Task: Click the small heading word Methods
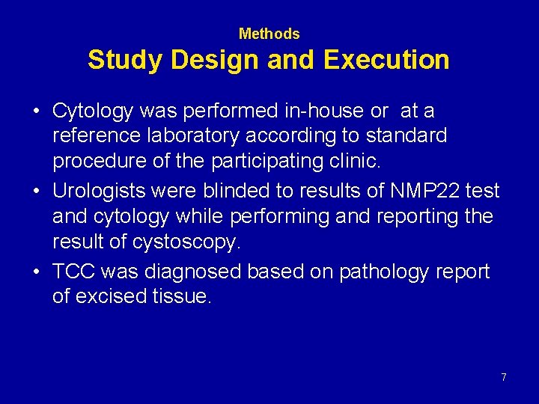(x=269, y=34)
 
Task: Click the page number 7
(x=504, y=377)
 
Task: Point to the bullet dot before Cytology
(x=36, y=112)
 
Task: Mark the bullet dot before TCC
(x=36, y=272)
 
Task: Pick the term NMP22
(x=424, y=191)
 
